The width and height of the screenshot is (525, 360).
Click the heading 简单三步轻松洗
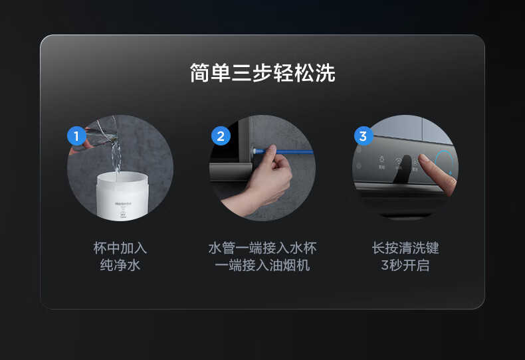click(262, 73)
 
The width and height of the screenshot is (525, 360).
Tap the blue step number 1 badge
click(76, 137)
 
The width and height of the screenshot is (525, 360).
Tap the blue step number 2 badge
click(221, 137)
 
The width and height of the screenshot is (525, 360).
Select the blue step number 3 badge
click(362, 137)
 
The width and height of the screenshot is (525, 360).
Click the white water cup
click(121, 195)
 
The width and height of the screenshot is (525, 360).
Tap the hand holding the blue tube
click(272, 183)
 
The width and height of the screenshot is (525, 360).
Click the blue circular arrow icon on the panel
click(445, 163)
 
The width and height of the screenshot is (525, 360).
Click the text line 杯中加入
click(120, 248)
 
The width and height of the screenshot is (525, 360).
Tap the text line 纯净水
click(120, 266)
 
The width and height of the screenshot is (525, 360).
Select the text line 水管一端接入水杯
click(262, 248)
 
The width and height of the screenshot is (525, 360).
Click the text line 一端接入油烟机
click(262, 266)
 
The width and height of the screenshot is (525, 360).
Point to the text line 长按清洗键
click(405, 248)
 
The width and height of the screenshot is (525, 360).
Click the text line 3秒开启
click(405, 266)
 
